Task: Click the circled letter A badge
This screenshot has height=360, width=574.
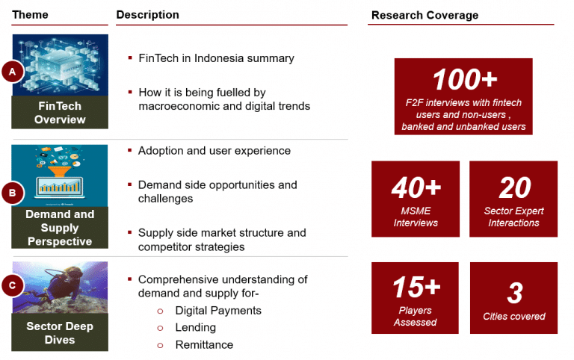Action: [13, 72]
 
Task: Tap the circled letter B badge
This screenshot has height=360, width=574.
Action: [13, 193]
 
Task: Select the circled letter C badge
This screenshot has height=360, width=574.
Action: [13, 285]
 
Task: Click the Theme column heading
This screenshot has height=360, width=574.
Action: [30, 15]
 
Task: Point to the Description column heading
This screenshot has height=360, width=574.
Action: [147, 15]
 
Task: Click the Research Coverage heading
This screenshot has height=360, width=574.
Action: [425, 15]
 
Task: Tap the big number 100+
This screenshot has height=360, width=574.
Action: [465, 79]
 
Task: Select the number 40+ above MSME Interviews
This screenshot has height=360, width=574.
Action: [416, 187]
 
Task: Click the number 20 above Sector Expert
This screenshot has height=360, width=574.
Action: [515, 187]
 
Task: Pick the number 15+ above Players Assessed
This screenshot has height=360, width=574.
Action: [416, 287]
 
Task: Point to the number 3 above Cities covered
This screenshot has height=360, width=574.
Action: [515, 293]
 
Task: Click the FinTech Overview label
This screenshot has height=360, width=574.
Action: [60, 112]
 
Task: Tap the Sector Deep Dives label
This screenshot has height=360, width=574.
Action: [60, 333]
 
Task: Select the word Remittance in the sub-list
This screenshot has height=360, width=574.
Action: [204, 344]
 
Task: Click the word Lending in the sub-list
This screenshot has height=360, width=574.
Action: [196, 327]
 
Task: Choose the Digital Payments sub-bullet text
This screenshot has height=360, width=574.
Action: [218, 311]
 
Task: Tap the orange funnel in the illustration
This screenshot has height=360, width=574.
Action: [59, 170]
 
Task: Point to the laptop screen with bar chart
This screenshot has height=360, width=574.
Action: [59, 187]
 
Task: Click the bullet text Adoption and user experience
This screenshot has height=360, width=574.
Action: [215, 151]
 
